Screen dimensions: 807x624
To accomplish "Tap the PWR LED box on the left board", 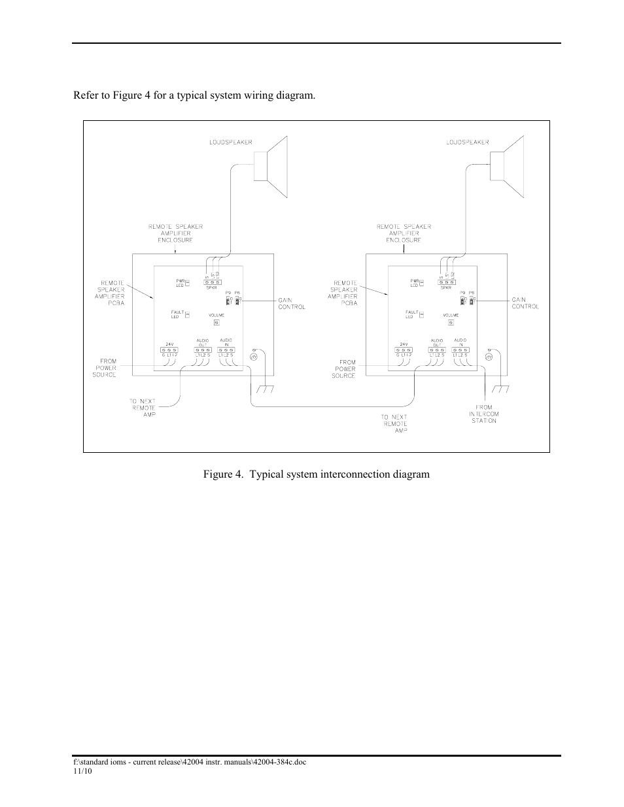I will coord(187,284).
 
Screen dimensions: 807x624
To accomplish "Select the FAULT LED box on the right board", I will coord(421,315).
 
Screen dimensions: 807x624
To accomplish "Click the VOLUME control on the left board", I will coord(217,322).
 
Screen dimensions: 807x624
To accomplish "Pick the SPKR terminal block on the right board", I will coord(446,282).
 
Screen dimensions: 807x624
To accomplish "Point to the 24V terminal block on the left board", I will coord(169,350).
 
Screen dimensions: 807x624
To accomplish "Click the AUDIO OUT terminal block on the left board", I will coord(202,350).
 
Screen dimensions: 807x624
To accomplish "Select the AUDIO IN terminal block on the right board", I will coord(460,350).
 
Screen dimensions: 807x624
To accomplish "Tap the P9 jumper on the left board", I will coord(228,300).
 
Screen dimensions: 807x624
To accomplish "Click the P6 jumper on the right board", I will coord(472,300).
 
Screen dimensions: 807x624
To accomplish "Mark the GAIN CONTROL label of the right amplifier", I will coord(525,303).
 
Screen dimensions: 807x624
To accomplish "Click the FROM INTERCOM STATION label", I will coord(483,414).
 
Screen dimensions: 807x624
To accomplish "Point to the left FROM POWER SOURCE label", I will coord(107,368).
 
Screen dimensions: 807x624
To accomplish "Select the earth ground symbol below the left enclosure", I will coord(265,389).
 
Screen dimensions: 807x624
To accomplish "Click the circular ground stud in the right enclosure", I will coord(488,357).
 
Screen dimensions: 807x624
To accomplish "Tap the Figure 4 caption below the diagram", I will coord(316,474).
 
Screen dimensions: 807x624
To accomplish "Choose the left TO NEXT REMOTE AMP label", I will coord(143,408).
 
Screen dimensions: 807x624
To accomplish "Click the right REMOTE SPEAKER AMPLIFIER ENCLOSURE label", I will coord(404,233).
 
